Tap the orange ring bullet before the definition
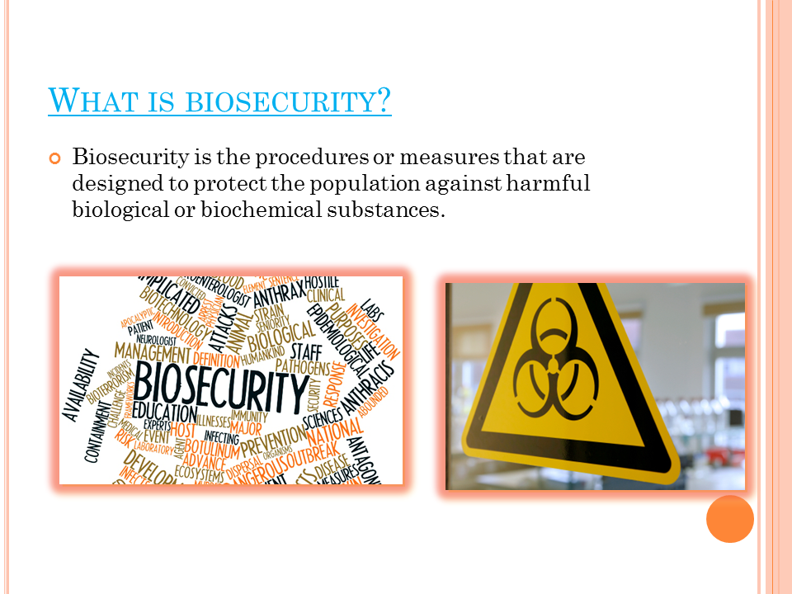(56, 158)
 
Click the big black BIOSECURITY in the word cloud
(220, 383)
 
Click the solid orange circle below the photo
(729, 518)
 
